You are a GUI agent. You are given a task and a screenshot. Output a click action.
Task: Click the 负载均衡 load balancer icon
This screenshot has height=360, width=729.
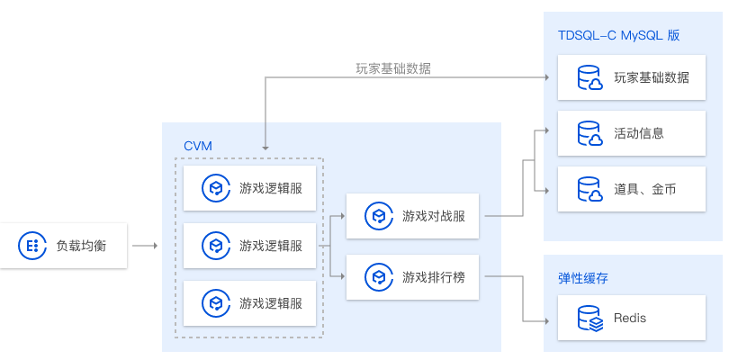32,246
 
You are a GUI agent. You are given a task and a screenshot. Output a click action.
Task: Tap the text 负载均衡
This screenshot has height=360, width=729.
81,246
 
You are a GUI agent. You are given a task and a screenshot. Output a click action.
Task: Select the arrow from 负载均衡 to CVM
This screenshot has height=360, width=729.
145,246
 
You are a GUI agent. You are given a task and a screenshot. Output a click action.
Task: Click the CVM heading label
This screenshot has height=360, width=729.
198,146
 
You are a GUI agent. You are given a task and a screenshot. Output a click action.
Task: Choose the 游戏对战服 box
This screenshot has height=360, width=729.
412,216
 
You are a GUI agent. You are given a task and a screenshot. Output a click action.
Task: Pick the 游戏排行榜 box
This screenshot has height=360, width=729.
412,277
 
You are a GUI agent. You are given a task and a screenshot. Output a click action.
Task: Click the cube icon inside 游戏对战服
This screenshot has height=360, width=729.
379,216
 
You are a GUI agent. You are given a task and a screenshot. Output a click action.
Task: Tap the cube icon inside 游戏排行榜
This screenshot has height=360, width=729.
379,277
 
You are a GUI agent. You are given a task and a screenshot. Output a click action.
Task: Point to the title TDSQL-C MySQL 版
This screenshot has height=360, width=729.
619,35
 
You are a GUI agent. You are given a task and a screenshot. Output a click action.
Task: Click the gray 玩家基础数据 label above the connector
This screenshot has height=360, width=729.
393,68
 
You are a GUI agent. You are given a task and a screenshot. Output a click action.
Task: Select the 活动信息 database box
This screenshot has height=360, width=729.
632,133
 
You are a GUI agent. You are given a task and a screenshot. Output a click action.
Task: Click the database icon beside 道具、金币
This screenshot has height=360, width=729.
589,189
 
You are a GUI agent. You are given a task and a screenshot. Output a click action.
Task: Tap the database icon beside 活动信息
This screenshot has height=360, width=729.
589,133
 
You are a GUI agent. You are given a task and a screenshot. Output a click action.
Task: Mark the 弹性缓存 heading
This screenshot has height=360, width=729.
583,278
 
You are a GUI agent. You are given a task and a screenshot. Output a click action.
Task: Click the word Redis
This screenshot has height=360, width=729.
630,318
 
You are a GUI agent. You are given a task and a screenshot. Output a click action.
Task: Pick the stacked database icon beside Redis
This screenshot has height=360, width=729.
589,318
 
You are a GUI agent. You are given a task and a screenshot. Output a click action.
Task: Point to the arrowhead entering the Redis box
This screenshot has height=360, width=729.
547,321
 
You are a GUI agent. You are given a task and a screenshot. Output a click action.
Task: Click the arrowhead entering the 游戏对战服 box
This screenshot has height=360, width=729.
343,216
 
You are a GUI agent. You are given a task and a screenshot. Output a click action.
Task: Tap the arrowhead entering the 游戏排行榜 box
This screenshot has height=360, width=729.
343,276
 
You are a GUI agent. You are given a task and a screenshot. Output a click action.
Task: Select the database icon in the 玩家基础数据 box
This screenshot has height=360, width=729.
589,77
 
